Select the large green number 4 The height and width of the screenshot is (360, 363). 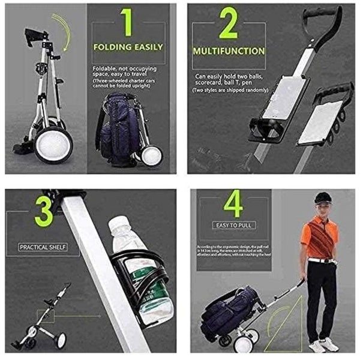(233, 203)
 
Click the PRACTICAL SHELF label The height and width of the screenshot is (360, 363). (43, 247)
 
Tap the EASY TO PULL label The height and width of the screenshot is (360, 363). (233, 226)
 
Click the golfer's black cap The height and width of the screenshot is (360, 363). (323, 197)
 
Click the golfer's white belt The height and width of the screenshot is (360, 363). (322, 260)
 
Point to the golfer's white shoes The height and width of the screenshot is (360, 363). (323, 344)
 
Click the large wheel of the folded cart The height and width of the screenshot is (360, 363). (53, 145)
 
